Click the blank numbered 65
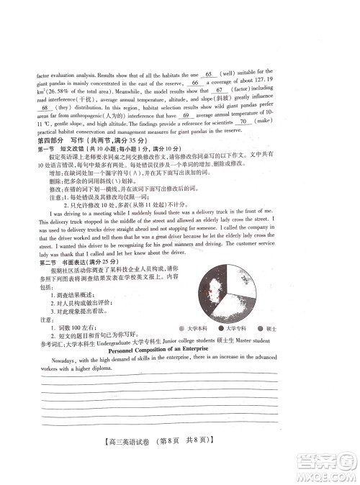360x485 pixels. (209, 74)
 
